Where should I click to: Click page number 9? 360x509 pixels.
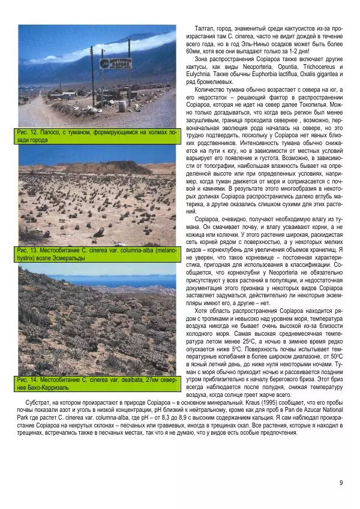341,483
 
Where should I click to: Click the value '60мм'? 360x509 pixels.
193,52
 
